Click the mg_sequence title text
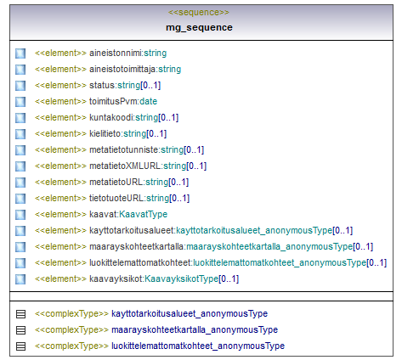pos(199,28)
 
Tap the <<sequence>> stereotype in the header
pos(199,12)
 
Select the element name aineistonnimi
pos(116,53)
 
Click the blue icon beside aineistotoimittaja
pos(20,70)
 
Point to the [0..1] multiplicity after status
pos(150,85)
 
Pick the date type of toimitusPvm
pos(149,101)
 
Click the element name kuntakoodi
pos(111,117)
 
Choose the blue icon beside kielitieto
pos(20,134)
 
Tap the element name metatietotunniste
pos(124,149)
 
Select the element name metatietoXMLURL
pos(125,166)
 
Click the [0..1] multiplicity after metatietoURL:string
pos(178,182)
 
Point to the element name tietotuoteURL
pos(116,198)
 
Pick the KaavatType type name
pos(144,214)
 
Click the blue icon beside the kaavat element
pos(20,215)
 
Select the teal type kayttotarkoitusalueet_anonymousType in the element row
pos(254,230)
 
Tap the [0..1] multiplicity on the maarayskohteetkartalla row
pos(363,246)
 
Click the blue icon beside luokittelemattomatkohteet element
pos(20,263)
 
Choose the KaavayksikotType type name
pos(182,278)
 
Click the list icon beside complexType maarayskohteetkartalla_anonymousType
pos(20,330)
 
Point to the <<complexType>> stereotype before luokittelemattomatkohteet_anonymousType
pos(71,346)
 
